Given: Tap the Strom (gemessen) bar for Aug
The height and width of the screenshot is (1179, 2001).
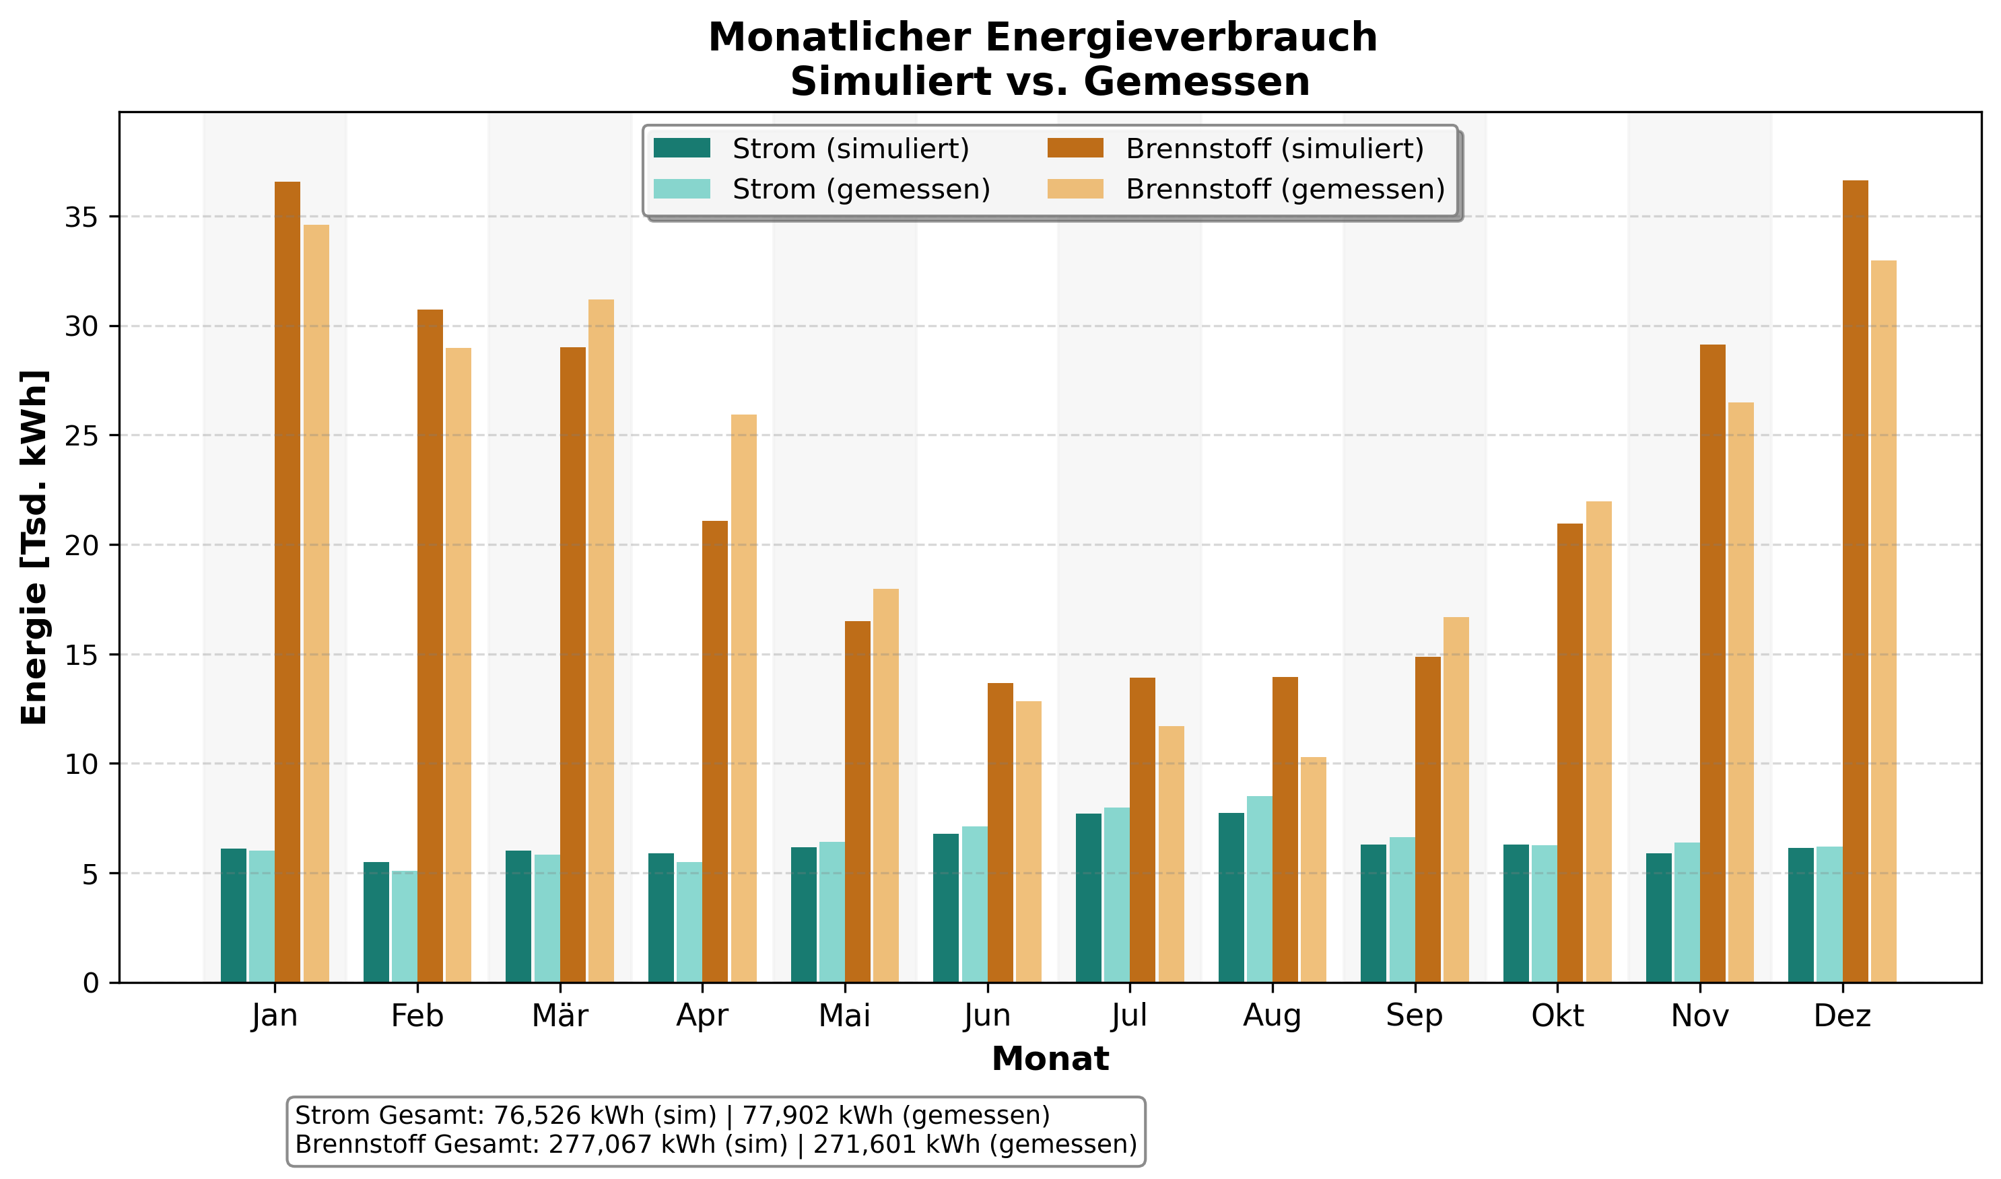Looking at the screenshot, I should click(x=1259, y=889).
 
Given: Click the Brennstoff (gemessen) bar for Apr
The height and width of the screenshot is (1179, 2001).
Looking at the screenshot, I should click(x=744, y=699).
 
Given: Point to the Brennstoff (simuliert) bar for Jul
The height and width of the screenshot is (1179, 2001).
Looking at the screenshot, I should click(x=1143, y=830).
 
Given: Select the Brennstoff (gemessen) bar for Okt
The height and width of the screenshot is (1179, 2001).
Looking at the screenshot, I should click(x=1599, y=742).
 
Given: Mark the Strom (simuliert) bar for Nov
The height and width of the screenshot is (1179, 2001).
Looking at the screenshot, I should click(x=1658, y=918).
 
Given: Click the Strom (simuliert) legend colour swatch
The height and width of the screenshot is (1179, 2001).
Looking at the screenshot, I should click(x=682, y=149).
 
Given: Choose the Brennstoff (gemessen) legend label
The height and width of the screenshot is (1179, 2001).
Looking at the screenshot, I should click(x=1285, y=189).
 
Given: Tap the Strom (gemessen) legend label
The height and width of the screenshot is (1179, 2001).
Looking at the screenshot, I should click(x=861, y=189).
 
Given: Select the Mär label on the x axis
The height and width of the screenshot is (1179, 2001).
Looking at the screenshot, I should click(x=559, y=1016).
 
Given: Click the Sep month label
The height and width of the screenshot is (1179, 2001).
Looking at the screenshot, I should click(x=1415, y=1016).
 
